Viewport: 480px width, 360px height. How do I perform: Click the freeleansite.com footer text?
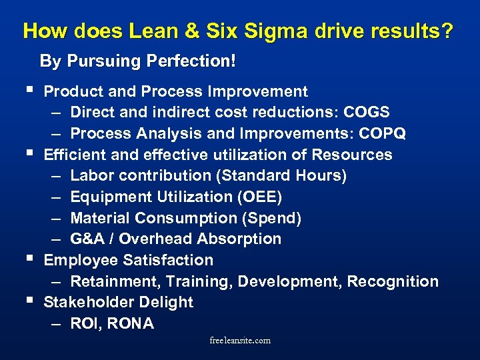click(x=240, y=341)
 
